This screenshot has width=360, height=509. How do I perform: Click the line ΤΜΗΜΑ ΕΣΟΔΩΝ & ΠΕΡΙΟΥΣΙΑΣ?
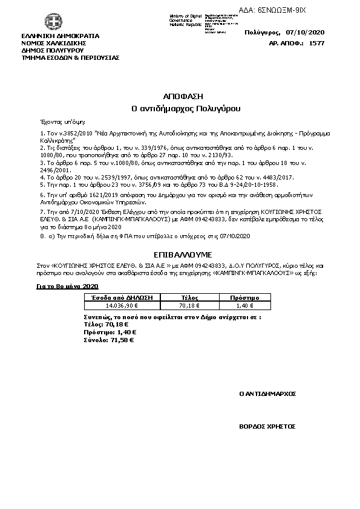(70, 57)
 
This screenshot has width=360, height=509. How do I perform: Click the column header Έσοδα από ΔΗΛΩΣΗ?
(121, 298)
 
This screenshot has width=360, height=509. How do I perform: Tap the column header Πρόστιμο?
(245, 298)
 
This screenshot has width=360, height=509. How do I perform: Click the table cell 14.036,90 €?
(121, 306)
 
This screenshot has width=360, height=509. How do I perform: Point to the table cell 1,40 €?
(245, 306)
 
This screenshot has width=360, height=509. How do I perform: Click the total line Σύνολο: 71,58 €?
(108, 340)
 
